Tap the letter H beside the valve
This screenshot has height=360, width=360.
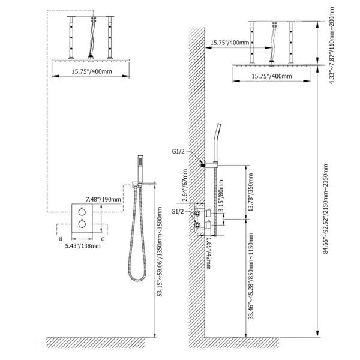point(61,239)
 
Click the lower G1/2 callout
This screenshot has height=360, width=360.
point(178,211)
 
